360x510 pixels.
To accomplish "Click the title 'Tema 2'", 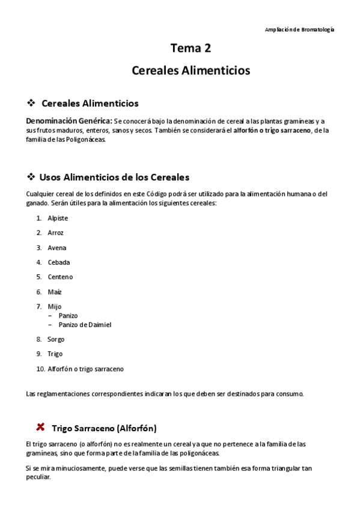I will tap(191, 49).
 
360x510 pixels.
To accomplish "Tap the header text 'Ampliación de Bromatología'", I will tap(299, 29).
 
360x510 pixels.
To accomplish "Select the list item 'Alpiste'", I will tap(58, 218).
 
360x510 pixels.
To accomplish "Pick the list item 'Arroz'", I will tap(55, 233).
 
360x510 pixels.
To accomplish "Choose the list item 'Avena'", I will tap(56, 248).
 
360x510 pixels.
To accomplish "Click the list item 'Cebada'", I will tap(58, 262).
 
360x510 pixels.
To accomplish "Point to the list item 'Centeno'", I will tap(60, 277).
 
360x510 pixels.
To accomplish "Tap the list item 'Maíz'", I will tap(55, 292).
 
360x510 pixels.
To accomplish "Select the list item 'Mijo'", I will tap(54, 307).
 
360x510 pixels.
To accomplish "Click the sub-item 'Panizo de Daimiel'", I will tap(85, 325).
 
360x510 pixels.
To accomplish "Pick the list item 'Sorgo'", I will tap(56, 339).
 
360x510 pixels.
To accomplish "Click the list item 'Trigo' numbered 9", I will tap(55, 354).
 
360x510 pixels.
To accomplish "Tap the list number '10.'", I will tap(40, 369).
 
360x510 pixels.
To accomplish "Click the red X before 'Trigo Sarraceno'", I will tap(40, 427).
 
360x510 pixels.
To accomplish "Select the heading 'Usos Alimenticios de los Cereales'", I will tap(114, 177).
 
